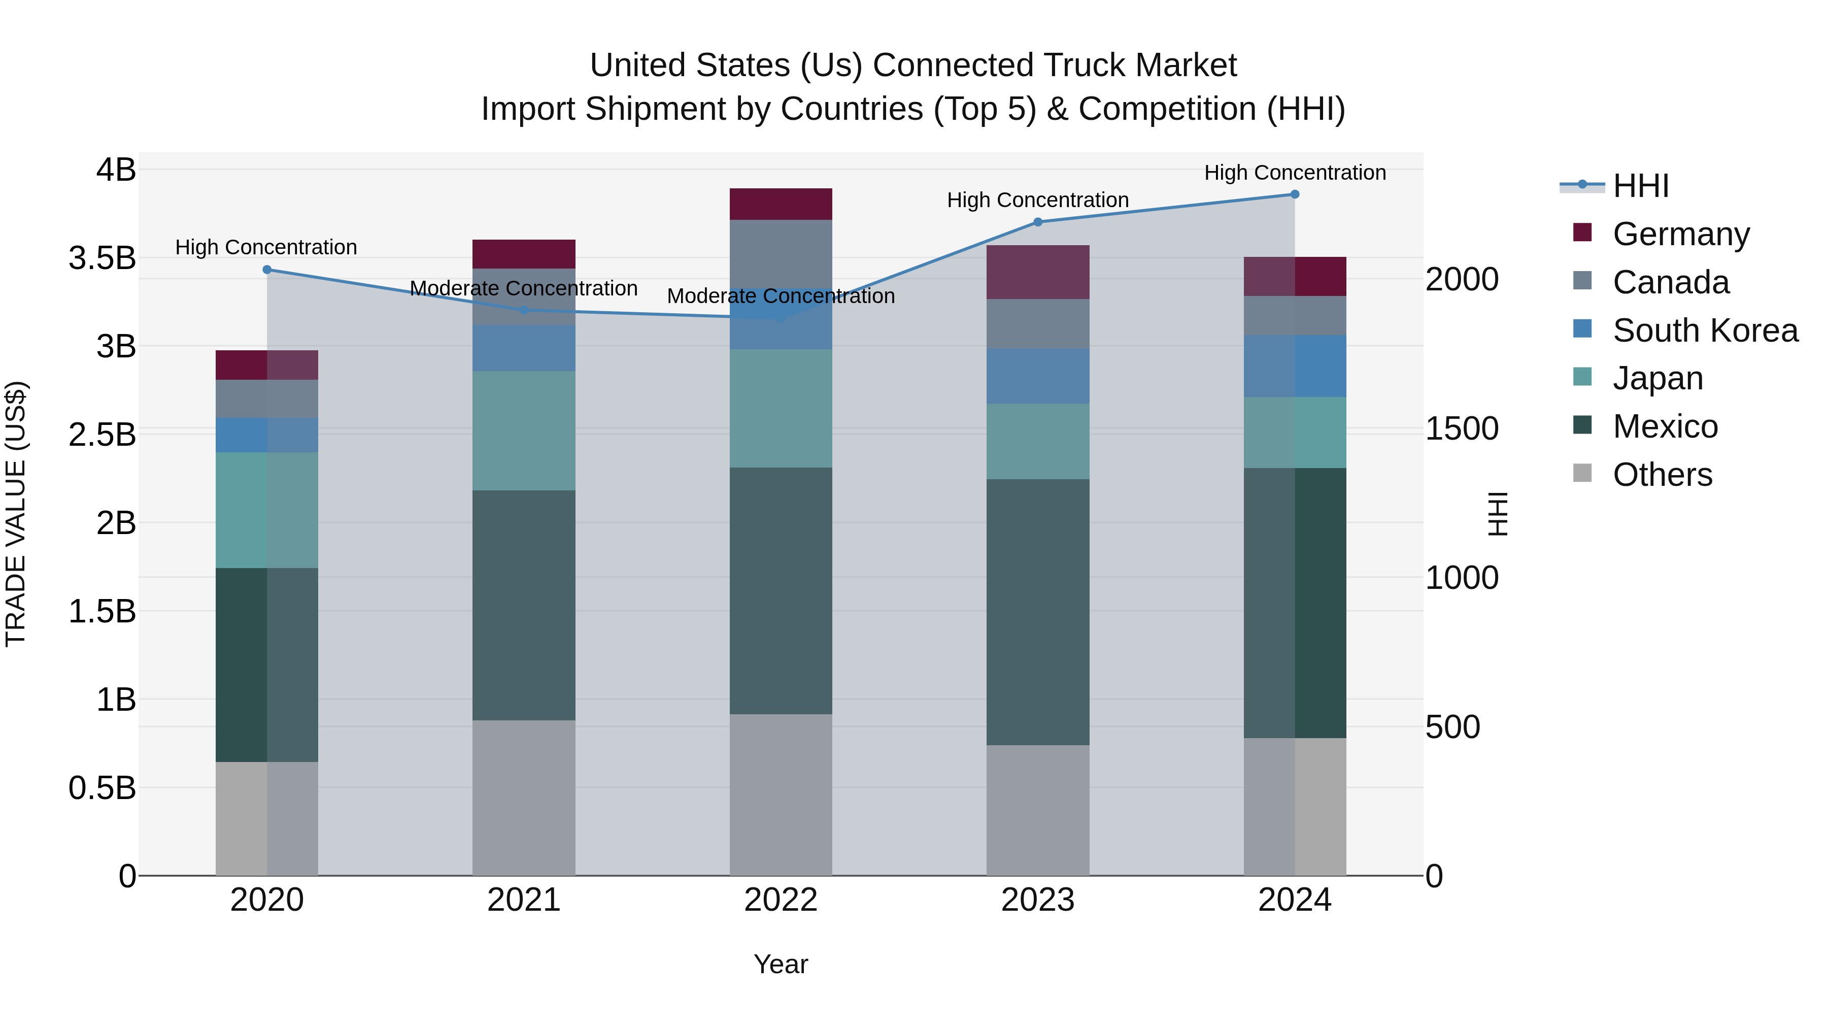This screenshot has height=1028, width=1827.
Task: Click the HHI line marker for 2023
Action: point(1038,222)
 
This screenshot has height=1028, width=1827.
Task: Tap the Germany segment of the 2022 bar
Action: point(781,204)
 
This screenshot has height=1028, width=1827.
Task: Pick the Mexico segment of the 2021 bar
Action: point(524,605)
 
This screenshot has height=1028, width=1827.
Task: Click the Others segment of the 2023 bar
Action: point(1038,810)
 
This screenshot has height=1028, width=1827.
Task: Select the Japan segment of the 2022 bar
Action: point(781,408)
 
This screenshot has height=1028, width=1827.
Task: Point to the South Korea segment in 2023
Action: point(1038,376)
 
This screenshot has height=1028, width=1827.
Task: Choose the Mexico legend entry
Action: point(1665,426)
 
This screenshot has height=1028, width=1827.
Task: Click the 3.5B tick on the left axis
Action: point(102,258)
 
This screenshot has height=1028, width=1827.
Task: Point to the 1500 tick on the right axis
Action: point(1462,428)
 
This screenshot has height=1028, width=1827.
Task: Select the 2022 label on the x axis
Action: point(781,900)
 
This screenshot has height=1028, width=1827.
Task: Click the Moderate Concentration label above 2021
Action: point(524,289)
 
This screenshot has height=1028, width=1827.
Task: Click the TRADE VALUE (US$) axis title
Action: point(16,514)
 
